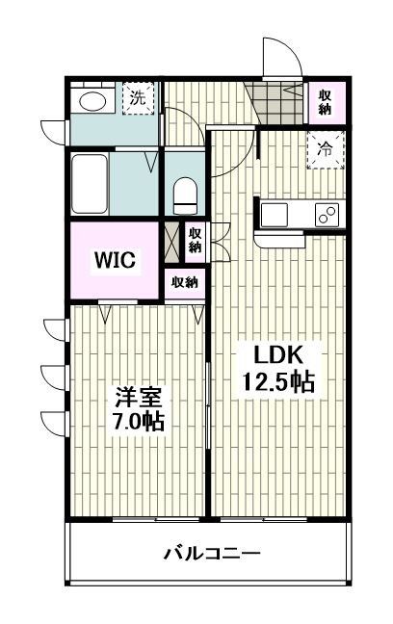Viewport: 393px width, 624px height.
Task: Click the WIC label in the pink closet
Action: coord(114,260)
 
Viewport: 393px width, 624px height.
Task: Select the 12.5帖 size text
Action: coord(272,382)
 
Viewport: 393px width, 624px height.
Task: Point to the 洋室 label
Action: coord(138,397)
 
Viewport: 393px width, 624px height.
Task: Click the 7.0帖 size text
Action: coord(136,421)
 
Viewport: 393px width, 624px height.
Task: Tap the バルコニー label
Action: coord(211,555)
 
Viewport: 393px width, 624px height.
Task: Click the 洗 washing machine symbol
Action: coord(138,98)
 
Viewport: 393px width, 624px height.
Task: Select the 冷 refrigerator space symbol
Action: coord(327,150)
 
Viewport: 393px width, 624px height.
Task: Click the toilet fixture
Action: coord(184,195)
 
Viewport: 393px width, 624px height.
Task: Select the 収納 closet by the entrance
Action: coord(327,101)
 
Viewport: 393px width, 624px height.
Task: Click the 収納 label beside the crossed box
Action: coord(195,239)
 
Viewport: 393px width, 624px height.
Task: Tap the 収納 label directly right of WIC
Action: coord(184,282)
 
